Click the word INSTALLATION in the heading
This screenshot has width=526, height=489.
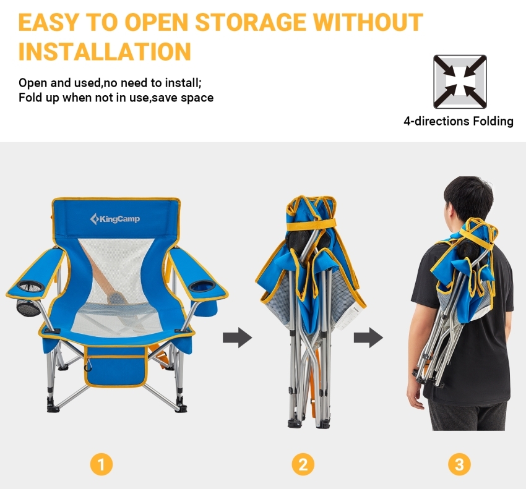105,51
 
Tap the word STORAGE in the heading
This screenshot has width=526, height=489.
250,22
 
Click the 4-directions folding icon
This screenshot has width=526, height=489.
460,82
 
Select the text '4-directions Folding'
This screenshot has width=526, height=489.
459,121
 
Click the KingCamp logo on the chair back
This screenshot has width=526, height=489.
114,219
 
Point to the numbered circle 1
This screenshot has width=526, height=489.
101,464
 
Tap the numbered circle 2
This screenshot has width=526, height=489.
303,464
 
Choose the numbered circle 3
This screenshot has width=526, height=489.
459,464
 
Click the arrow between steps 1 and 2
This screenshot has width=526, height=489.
238,337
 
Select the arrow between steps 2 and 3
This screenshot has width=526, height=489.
368,337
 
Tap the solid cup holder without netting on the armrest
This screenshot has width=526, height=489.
202,286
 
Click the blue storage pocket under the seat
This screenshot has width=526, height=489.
116,367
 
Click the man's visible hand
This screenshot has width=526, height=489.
416,399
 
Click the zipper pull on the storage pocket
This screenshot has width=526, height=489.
88,365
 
